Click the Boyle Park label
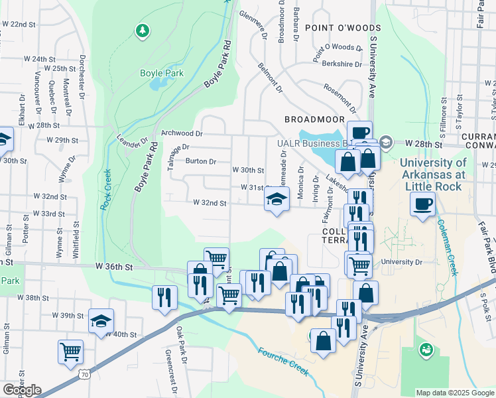[x=161, y=74]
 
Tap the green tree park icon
[x=141, y=31]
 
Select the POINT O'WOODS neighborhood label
[x=343, y=28]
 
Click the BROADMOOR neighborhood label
[x=314, y=119]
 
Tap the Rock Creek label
[x=106, y=190]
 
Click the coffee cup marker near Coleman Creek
[x=424, y=204]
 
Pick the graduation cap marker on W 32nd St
[x=277, y=199]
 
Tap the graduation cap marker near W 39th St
[x=101, y=321]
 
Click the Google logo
[x=22, y=390]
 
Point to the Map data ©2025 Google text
[x=454, y=393]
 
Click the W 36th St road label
[x=114, y=266]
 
